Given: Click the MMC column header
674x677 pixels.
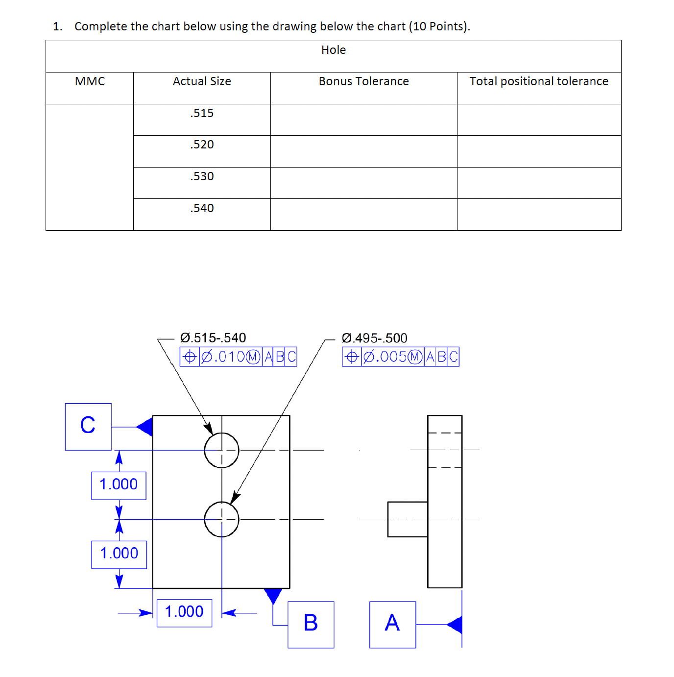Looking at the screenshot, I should [x=90, y=81].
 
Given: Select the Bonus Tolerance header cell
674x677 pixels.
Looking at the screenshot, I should [x=363, y=81].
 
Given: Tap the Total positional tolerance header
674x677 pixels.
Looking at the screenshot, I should [x=539, y=81].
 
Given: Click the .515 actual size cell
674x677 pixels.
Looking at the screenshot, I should [x=202, y=113].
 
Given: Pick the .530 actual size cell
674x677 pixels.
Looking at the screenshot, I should [x=202, y=176].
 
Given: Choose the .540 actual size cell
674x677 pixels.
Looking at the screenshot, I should [x=202, y=208].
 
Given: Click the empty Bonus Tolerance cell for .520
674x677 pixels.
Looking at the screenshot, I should [x=363, y=151].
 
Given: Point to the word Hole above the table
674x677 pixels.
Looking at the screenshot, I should [x=334, y=50].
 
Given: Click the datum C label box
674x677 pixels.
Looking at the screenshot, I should [x=88, y=426].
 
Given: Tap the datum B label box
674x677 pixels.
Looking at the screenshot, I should [x=311, y=624].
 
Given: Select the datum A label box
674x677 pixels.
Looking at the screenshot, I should [x=392, y=624].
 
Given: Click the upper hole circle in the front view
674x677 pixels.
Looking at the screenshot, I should [x=221, y=450].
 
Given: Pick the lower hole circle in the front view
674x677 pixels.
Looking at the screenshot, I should [x=221, y=519].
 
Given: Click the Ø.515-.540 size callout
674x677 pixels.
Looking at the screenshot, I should [x=213, y=338].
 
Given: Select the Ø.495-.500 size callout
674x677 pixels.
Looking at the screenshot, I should [x=375, y=338].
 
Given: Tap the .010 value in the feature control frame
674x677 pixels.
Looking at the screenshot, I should [x=229, y=357].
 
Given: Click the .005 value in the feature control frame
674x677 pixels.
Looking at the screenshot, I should [x=391, y=357].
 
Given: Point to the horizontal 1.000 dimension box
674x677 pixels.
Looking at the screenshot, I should [x=184, y=612].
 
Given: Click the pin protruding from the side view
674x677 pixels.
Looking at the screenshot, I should [x=407, y=519].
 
